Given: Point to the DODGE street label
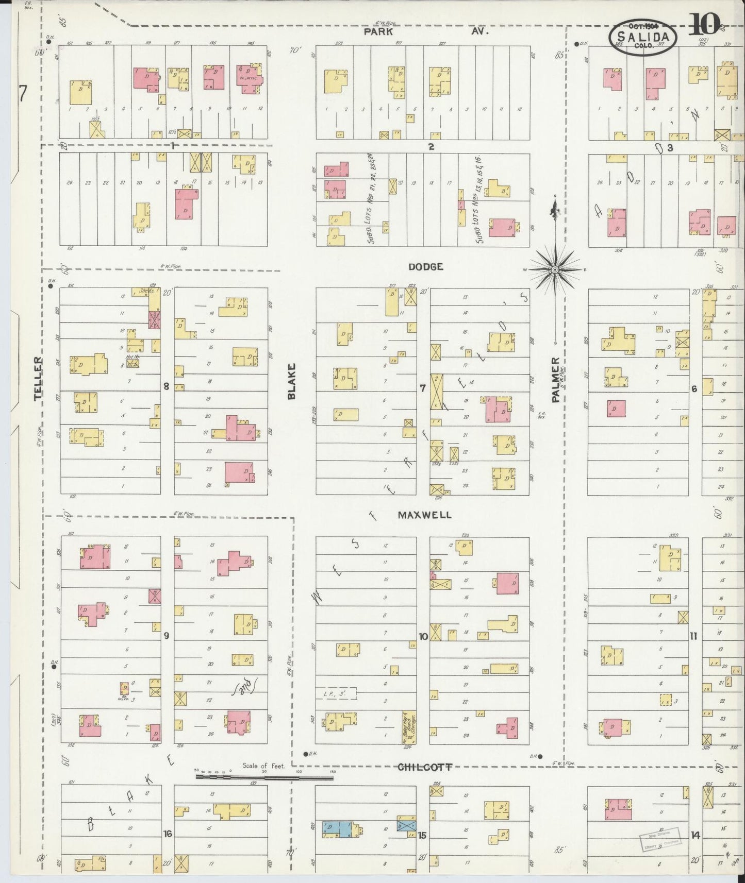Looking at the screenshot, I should coord(426,267).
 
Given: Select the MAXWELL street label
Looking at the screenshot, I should coord(424,515).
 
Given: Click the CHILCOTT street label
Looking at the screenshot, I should coord(425,767).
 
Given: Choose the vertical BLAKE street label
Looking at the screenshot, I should coord(292,381).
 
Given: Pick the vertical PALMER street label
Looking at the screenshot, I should coord(555,380).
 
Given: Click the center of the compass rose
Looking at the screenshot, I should coord(555,269).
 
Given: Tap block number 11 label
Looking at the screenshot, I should coord(694,636).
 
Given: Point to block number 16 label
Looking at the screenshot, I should coord(167,834).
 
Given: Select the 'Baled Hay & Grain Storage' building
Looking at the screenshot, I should coord(409,728).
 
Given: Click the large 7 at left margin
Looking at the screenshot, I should coord(22,94).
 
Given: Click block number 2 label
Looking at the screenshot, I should coord(431,147).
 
